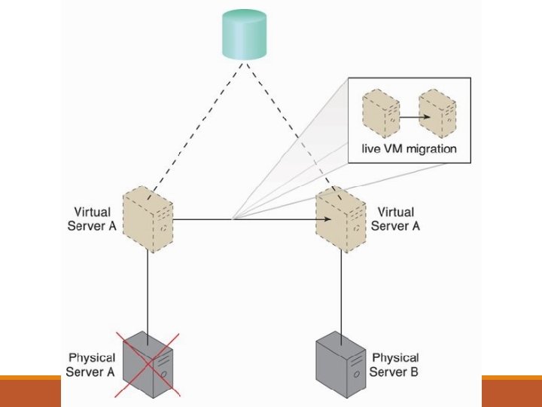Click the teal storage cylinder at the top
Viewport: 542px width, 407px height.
click(x=244, y=35)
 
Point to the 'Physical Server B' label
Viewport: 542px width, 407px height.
click(x=395, y=364)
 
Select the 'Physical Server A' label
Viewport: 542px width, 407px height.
click(x=91, y=364)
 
